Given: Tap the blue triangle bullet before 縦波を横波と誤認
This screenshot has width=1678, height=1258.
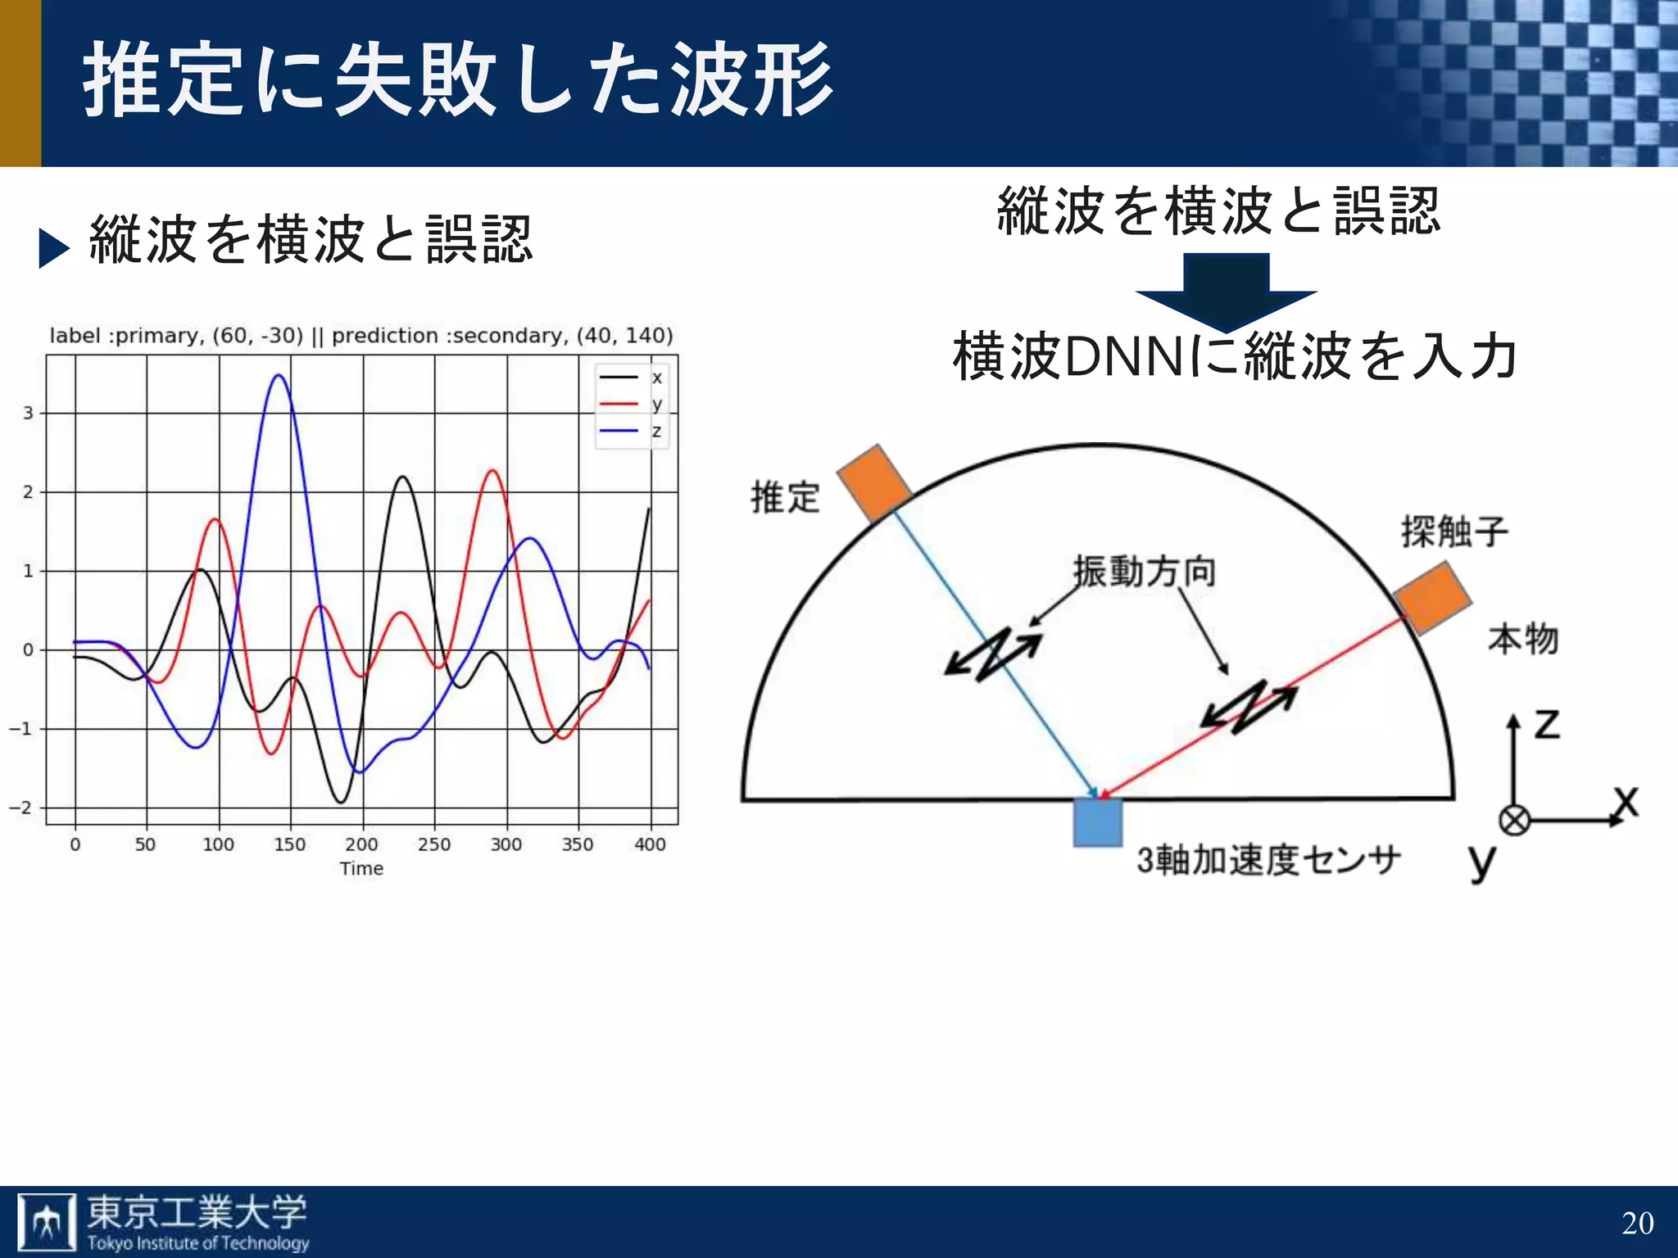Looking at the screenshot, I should coord(54,248).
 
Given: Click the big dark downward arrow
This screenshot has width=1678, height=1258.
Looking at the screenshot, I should coord(1226,292).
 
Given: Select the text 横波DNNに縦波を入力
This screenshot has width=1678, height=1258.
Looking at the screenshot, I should coord(1234,357).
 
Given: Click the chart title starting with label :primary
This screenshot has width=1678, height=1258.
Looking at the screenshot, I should coord(361,336).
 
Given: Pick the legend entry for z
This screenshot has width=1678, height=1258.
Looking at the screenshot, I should coord(631,431).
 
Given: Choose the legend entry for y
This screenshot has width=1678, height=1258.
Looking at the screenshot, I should coord(631,404).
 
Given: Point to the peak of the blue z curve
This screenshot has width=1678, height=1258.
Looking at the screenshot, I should coord(279,376).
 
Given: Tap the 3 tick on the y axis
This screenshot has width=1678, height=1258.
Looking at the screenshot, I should coord(29,414).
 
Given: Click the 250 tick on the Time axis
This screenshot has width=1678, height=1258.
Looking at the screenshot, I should coord(433,844).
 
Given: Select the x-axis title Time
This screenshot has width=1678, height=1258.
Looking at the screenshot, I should coord(361,869).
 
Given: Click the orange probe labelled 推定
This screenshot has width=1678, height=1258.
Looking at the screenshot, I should coord(874,483).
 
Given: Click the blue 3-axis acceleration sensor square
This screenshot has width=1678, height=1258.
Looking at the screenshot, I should coord(1098,822).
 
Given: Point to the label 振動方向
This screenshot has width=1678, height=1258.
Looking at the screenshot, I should coord(1145,571).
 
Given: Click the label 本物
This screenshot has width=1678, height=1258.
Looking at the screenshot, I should coord(1523,639).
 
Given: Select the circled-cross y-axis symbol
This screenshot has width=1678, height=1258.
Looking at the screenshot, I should coord(1514,820).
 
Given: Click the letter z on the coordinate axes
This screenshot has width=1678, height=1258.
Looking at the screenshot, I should coord(1547,723).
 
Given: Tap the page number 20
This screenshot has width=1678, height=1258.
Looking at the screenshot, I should coord(1637,1223).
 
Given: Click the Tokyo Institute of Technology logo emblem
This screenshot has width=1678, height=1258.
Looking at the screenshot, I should coord(47,1223).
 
